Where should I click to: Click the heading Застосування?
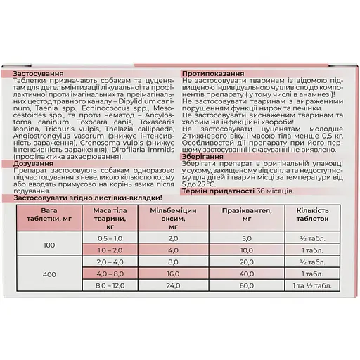40,74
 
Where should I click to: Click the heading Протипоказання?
214,74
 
